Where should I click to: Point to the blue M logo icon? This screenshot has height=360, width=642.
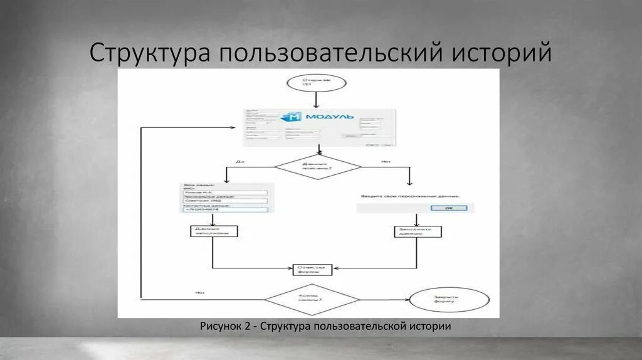292,117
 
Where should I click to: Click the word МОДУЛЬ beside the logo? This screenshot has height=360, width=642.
329,117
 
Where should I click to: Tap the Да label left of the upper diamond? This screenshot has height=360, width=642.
239,161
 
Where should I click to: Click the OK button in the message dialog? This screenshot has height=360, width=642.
451,208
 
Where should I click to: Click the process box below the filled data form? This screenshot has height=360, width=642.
213,231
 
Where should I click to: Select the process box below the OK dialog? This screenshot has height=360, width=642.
418,231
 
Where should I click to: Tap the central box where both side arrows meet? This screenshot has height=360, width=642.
312,269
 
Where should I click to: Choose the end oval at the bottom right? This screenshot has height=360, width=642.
448,300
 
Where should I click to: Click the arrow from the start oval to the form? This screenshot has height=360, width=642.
316,99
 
